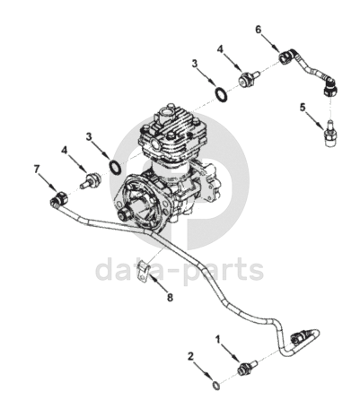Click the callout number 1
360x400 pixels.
pos(218,340)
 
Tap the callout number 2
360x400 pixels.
pos(191,356)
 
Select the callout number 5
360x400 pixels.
pos(303,107)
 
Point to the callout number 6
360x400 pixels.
pos(259,30)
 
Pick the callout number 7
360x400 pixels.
pos(37,170)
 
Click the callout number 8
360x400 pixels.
pos(170,298)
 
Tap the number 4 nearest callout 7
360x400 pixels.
pos(65,150)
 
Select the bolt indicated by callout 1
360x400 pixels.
pos(247,367)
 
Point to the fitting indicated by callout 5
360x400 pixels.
pos(329,134)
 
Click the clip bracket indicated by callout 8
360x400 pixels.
pos(143,271)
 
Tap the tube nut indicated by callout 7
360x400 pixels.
pos(57,198)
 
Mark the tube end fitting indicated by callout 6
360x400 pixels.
pos(286,57)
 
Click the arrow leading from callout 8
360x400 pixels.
pos(158,283)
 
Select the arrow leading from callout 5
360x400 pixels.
pos(315,122)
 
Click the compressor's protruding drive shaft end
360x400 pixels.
pos(124,213)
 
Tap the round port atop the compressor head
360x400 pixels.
pos(164,114)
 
